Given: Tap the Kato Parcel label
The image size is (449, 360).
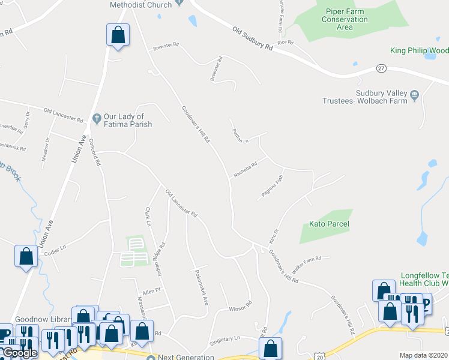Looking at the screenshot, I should tap(329, 224).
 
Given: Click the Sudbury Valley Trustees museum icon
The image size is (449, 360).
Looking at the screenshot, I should tap(414, 94).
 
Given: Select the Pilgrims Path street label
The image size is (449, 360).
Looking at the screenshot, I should tap(272, 187).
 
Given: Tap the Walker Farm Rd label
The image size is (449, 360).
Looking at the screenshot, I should tap(306, 260).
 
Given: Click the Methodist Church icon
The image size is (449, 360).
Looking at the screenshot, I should tap(179, 5).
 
